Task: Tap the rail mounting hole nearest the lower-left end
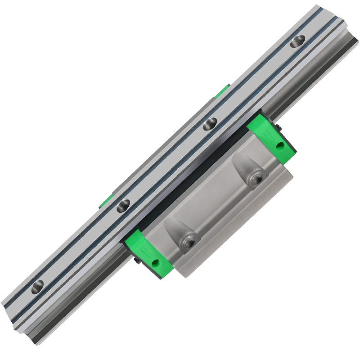39,285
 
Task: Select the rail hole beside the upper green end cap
210,124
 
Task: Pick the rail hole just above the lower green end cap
122,206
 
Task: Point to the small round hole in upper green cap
280,145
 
